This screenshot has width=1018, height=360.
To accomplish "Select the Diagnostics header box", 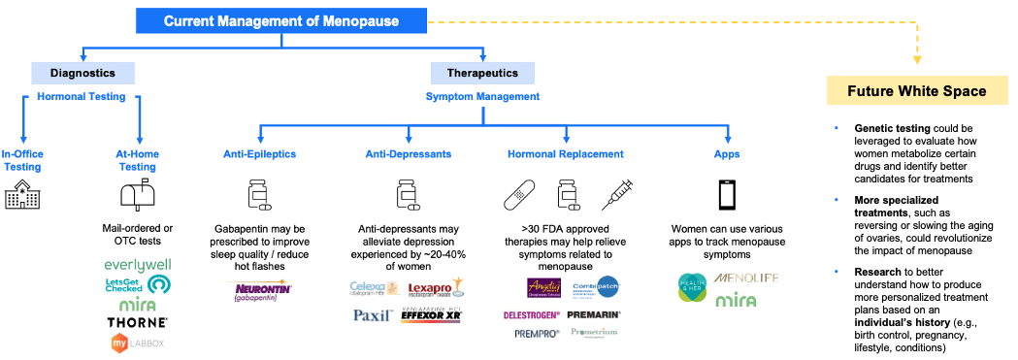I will (x=82, y=73).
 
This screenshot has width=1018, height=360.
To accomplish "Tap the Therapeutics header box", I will (x=482, y=73).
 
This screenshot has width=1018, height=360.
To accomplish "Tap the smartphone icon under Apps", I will (x=728, y=195).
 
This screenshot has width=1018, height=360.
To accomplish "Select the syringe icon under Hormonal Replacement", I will (x=616, y=195).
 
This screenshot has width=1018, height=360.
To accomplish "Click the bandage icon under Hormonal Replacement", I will (x=519, y=196).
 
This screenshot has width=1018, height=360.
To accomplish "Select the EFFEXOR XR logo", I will (x=433, y=315).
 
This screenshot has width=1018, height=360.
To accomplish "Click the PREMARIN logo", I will (x=593, y=315).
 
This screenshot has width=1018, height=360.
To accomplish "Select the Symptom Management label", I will (x=482, y=96).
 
